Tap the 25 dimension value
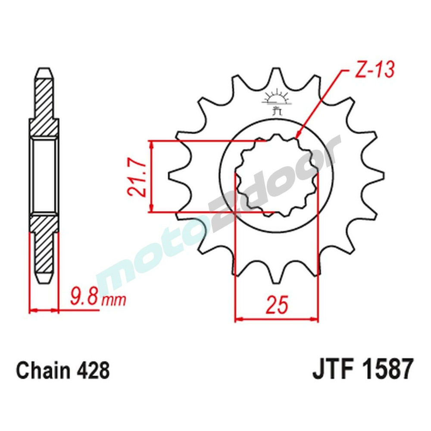276,304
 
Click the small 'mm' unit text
113,299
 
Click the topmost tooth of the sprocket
275,73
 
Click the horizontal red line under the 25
276,320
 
